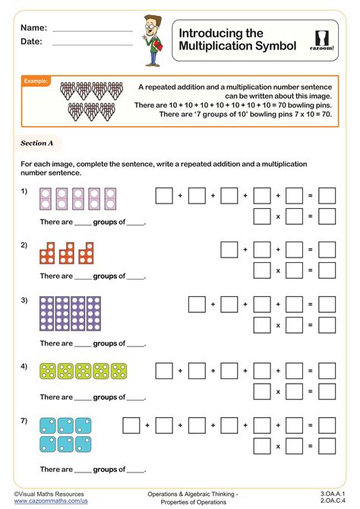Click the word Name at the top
pyautogui.click(x=34, y=27)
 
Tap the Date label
pyautogui.click(x=32, y=42)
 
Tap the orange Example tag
pyautogui.click(x=36, y=81)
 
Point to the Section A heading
pyautogui.click(x=37, y=143)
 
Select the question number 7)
pyautogui.click(x=24, y=420)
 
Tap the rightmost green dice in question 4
pyautogui.click(x=119, y=371)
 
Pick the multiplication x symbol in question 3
pyautogui.click(x=278, y=324)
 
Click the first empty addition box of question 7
pyautogui.click(x=131, y=424)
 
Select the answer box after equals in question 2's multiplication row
pyautogui.click(x=327, y=270)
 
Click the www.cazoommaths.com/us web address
pyautogui.click(x=50, y=501)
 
